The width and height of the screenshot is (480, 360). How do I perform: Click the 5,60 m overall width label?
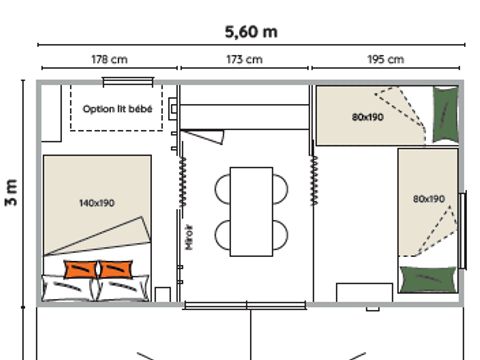pos(251,31)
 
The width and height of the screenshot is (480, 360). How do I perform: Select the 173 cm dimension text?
pos(245,60)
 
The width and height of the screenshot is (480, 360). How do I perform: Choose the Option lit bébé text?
pos(117,109)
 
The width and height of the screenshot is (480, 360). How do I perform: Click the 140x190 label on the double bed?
pos(96,203)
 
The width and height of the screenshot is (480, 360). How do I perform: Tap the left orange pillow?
pos(80,268)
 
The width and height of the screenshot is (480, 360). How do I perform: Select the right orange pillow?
pos(116,268)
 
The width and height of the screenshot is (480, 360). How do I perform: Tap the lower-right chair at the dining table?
pos(281,234)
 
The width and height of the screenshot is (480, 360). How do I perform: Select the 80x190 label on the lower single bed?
pos(428,199)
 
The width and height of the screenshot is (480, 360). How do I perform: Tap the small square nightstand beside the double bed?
pos(163,294)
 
